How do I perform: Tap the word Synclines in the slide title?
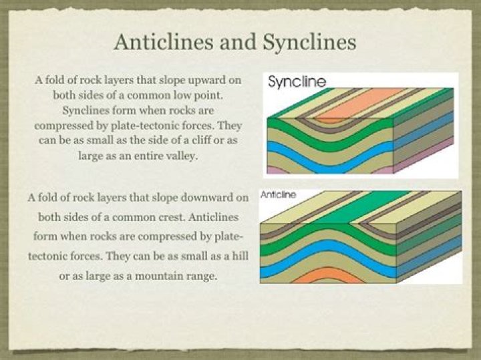(x=311, y=41)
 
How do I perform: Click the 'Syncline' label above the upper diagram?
(x=297, y=83)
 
